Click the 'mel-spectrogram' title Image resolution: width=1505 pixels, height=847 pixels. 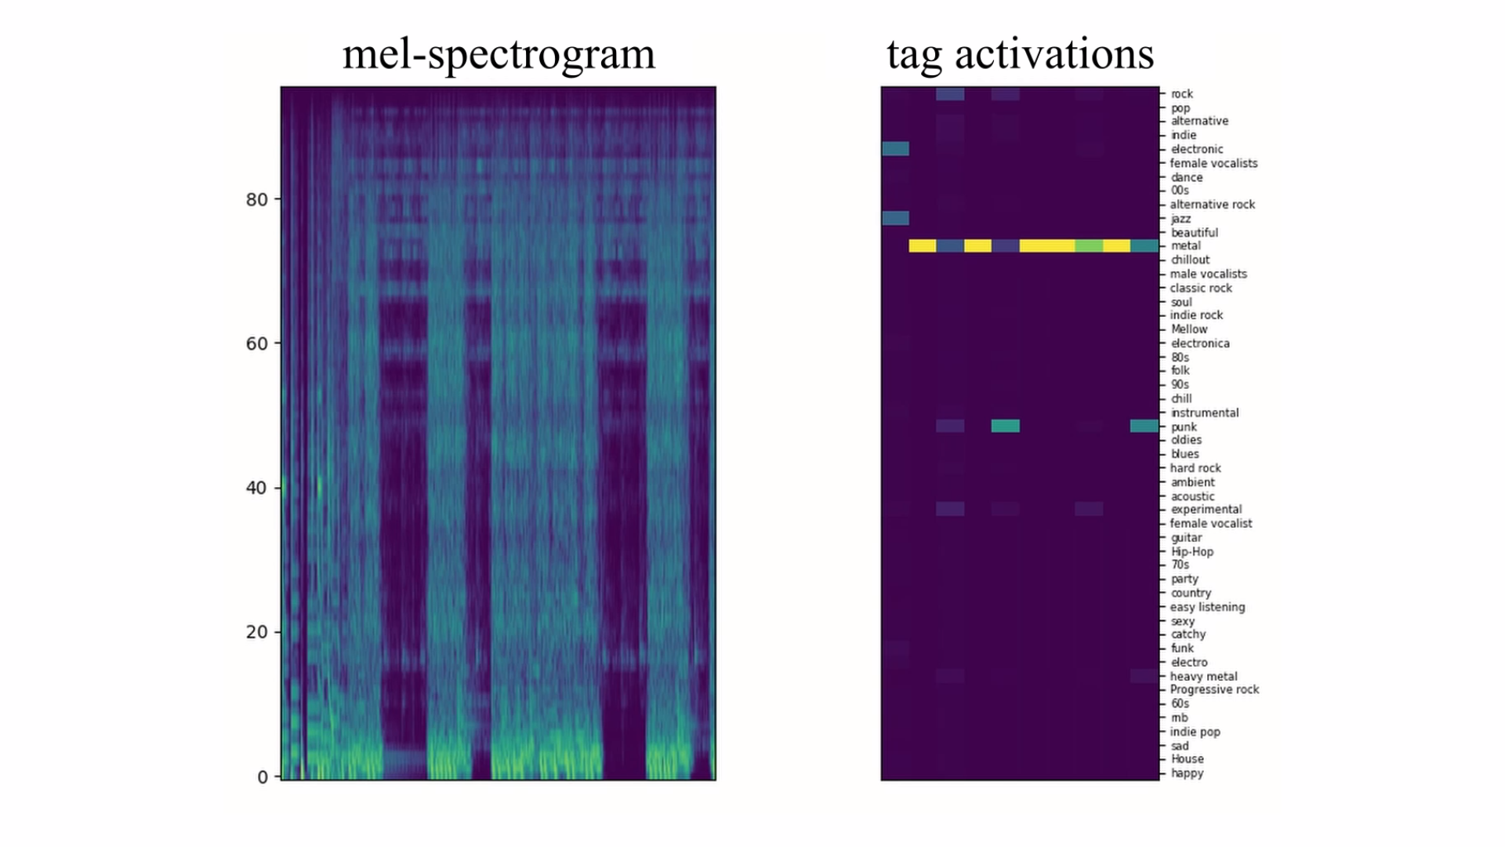point(499,55)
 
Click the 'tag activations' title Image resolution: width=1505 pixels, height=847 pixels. point(1020,55)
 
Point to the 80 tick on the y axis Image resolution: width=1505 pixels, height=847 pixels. point(257,200)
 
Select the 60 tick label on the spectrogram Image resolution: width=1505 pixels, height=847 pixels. point(257,344)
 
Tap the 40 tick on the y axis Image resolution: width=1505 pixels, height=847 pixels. point(257,488)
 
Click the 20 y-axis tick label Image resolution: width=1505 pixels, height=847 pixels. point(257,632)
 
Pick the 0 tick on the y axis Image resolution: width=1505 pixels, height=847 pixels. point(263,777)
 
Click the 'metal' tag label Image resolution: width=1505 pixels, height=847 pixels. point(1185,245)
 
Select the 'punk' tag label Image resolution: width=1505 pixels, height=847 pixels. point(1184,427)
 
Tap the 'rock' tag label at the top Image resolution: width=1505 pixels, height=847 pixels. point(1181,94)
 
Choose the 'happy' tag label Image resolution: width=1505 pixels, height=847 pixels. point(1187,773)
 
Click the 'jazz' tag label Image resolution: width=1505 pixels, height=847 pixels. point(1180,219)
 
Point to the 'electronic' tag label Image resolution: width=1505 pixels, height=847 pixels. point(1196,149)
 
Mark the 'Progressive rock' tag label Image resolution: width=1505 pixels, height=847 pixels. point(1214,689)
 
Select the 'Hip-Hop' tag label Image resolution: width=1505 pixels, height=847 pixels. point(1191,552)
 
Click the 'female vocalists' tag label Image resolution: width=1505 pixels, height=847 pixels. point(1213,163)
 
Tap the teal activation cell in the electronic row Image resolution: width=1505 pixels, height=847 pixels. point(895,149)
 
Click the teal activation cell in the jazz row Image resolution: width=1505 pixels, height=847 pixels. point(895,218)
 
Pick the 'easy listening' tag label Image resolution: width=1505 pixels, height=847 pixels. point(1207,607)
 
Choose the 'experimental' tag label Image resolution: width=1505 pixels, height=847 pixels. point(1206,510)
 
